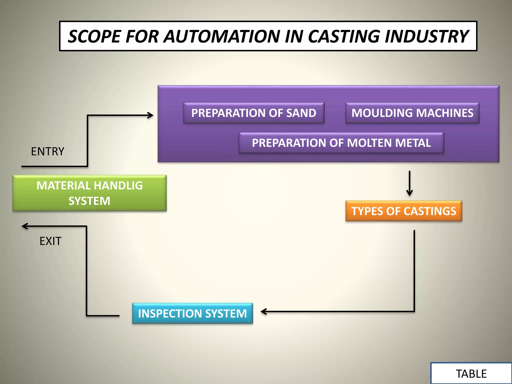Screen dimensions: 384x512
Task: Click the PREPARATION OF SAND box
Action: [254, 113]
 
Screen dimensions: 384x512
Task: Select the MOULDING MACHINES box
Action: [412, 113]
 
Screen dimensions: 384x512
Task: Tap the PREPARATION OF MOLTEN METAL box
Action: [341, 143]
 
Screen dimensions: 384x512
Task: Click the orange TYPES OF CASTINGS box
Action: [403, 211]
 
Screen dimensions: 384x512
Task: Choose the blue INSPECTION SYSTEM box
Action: [192, 313]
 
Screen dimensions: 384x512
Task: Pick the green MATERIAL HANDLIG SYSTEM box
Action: [89, 193]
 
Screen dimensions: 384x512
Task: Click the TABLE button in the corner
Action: [471, 374]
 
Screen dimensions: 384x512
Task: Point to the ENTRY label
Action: [47, 151]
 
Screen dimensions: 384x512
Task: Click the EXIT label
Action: [50, 241]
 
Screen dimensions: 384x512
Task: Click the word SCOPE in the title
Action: [94, 36]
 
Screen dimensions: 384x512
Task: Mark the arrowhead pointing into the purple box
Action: [151, 115]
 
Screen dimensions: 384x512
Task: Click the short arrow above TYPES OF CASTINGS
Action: [409, 184]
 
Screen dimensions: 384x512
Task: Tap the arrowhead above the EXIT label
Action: [24, 226]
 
